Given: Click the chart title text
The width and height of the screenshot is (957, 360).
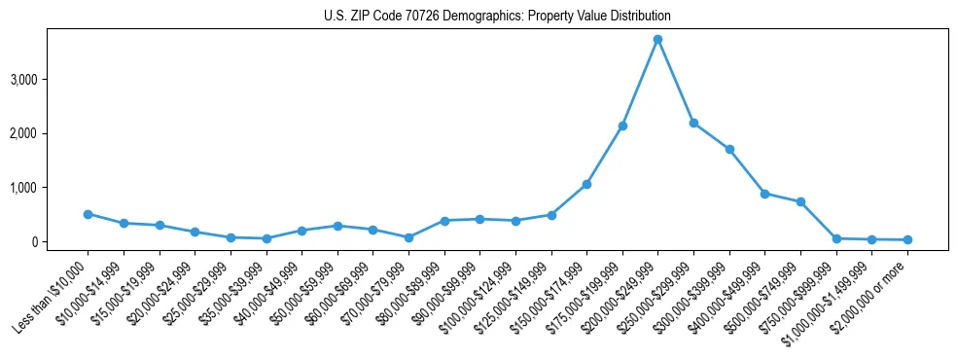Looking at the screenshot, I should point(497,16).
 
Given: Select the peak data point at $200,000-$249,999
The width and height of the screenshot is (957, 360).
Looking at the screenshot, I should point(657,39).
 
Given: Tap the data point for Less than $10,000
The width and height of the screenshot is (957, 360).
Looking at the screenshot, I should point(88,214).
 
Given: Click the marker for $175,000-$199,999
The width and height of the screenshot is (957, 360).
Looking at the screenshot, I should point(622,126).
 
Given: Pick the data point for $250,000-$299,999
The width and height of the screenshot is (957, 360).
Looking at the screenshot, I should point(693,123).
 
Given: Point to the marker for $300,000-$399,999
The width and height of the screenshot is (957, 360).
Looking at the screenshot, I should point(729,149).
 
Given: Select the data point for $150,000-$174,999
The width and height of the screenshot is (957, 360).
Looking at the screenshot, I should point(586,184).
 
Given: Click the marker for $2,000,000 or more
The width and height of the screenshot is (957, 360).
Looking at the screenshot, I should point(907,239).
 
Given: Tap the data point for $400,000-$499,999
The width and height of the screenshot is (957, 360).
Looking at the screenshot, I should point(764,194).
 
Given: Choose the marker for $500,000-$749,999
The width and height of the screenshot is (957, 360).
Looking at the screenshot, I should point(800,201).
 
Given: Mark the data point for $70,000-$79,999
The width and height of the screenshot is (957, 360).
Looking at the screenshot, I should point(408,237).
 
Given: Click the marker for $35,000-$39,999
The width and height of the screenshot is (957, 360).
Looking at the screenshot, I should point(266,238).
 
